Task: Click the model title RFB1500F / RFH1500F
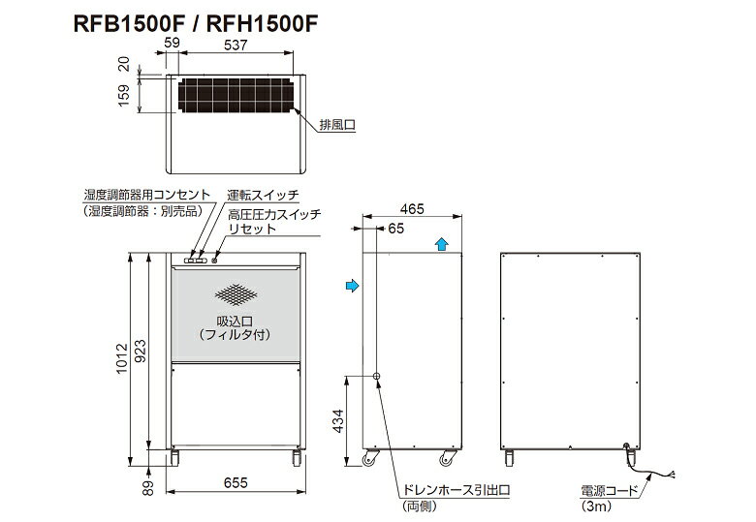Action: tap(195, 23)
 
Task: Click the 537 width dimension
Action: tap(236, 45)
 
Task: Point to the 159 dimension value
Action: tap(124, 95)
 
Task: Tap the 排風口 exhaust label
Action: tap(337, 125)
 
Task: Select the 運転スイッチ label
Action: tap(263, 195)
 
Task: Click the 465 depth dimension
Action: tap(412, 209)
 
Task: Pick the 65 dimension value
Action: tap(395, 229)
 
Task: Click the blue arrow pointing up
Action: tap(441, 244)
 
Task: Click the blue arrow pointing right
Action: tap(353, 286)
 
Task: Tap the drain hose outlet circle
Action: tap(377, 376)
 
